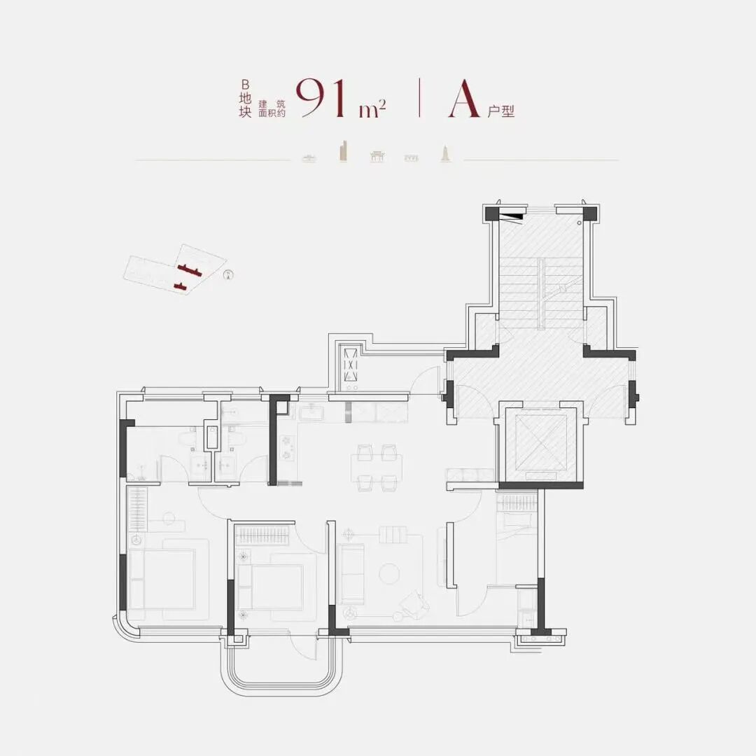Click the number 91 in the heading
tap(321, 98)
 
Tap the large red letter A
tap(464, 99)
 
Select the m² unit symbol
tap(372, 109)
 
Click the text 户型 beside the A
tap(500, 111)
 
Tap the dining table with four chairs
tap(377, 467)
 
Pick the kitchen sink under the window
tap(314, 413)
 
